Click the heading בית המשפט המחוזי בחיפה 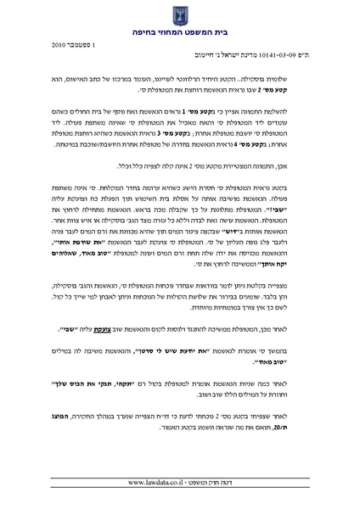[x=180, y=33]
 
